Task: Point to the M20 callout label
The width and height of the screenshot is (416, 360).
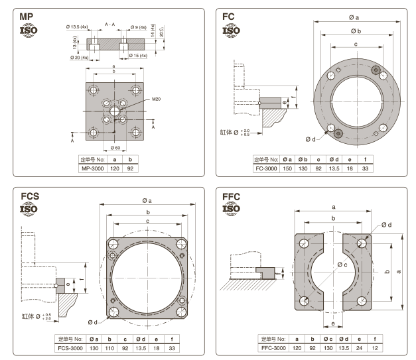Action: (157, 99)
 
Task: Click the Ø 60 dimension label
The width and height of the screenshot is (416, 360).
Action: (116, 147)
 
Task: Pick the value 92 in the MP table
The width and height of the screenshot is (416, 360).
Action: (131, 168)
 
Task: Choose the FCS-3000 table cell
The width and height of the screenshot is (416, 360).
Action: (71, 347)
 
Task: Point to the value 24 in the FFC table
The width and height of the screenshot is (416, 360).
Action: (361, 347)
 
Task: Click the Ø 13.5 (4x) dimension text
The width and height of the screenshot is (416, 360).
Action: (80, 27)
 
